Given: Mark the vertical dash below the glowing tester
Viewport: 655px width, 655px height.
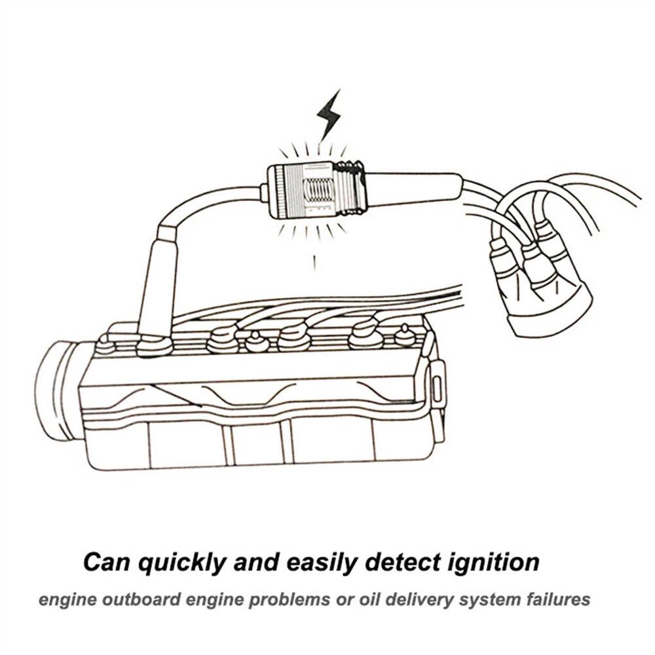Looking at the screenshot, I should (x=316, y=262).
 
